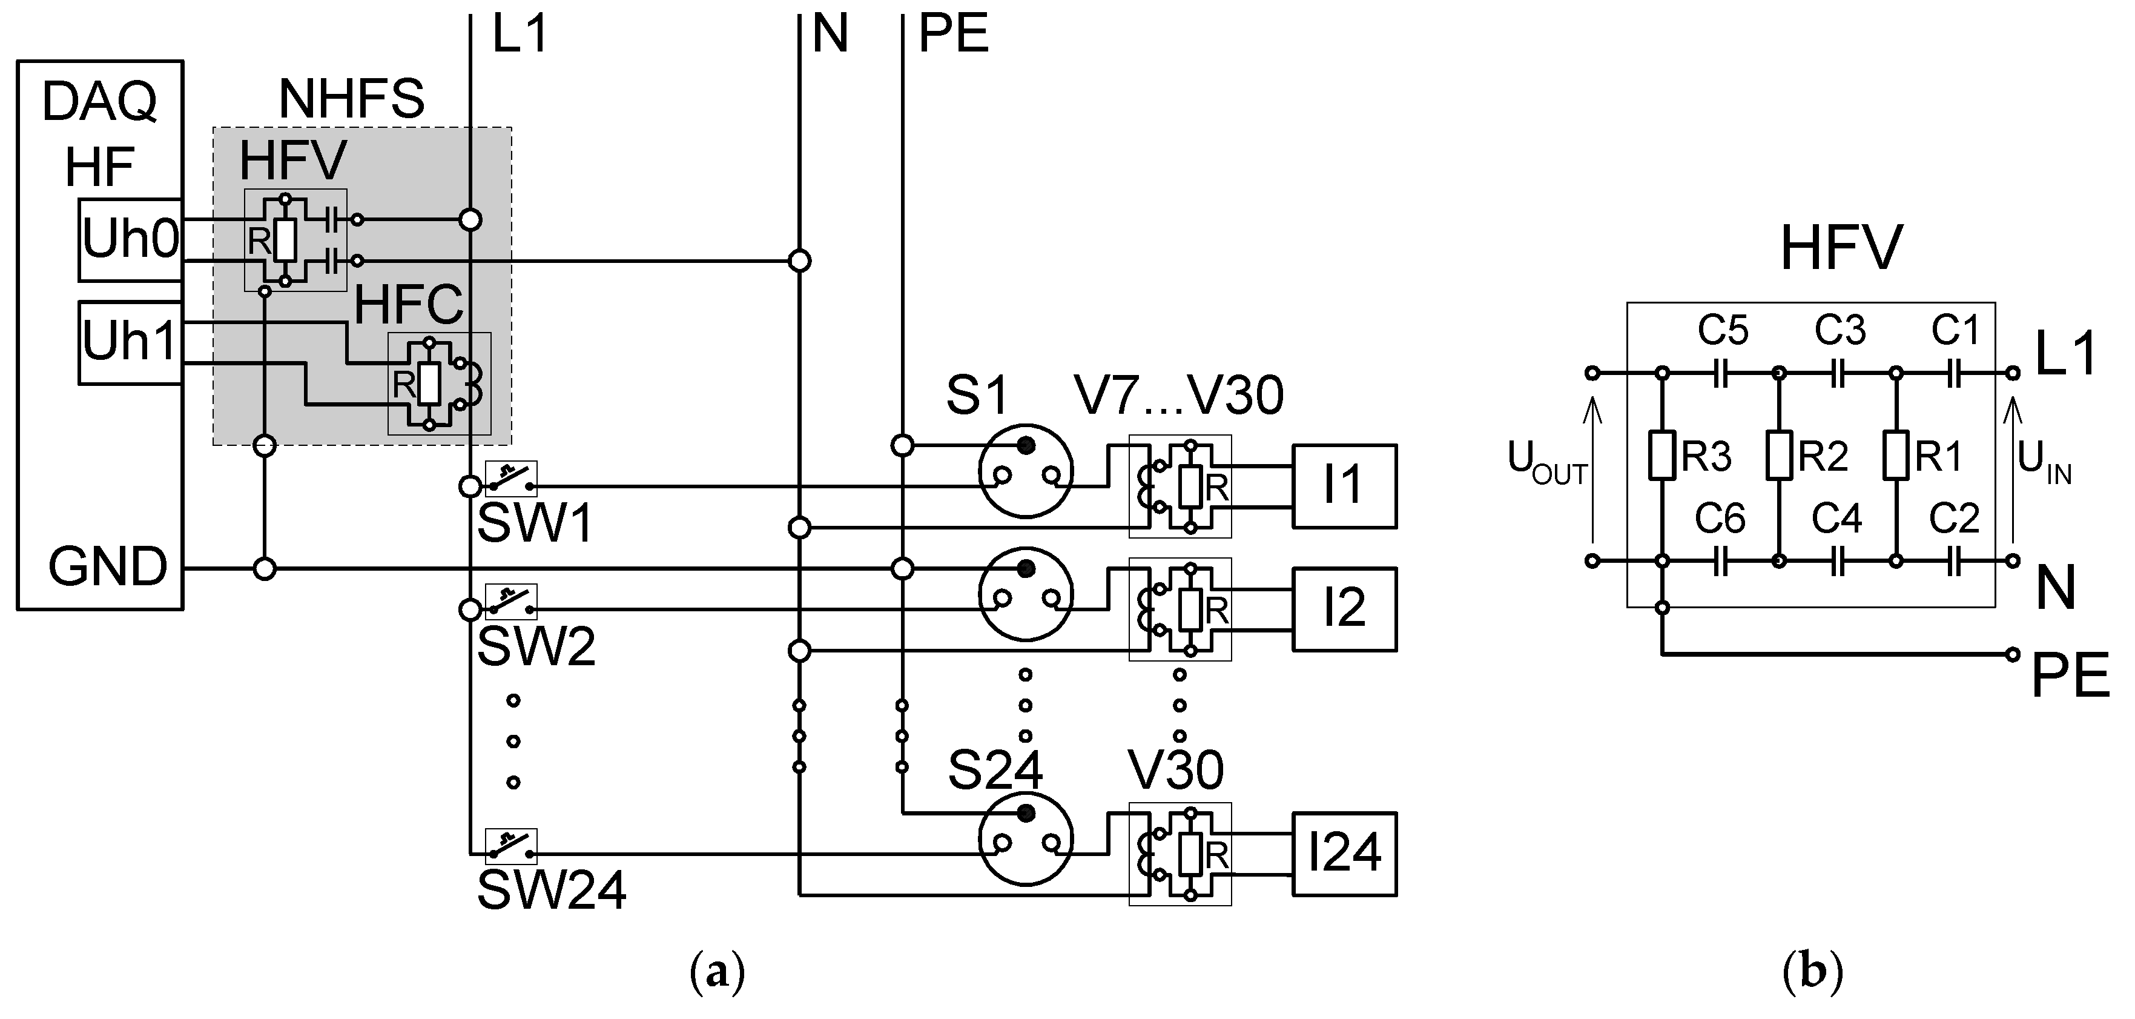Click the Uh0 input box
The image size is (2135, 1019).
click(130, 240)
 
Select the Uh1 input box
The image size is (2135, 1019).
click(130, 342)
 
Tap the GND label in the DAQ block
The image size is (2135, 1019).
click(108, 568)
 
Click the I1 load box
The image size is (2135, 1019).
click(1344, 486)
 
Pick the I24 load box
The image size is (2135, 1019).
click(1344, 853)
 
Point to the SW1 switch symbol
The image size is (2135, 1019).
click(510, 479)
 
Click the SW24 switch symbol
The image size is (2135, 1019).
click(510, 846)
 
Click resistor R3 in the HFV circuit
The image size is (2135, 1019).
click(1661, 455)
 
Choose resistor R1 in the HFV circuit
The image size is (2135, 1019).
click(1895, 455)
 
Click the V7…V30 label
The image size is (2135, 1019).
click(1178, 396)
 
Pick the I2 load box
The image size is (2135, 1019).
click(1344, 609)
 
